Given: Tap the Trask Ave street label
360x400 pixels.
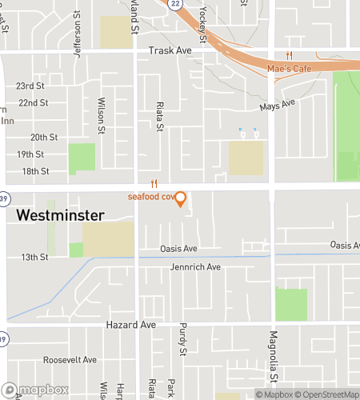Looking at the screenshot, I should coord(170,50).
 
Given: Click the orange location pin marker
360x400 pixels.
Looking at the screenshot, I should coord(181,198).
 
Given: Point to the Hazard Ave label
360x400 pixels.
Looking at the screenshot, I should coord(130,326).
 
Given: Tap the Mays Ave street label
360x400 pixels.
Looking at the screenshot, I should coord(278,105).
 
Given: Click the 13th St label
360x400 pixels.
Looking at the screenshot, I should coord(34,257).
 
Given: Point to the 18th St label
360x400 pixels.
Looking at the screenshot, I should coord(35,171).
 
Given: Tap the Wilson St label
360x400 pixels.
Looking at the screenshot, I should coord(102,116).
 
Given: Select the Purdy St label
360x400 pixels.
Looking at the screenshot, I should coord(183,342).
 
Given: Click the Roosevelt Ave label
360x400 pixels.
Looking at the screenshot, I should coord(70,360).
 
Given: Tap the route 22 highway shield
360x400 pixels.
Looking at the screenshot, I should coord(174,4).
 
